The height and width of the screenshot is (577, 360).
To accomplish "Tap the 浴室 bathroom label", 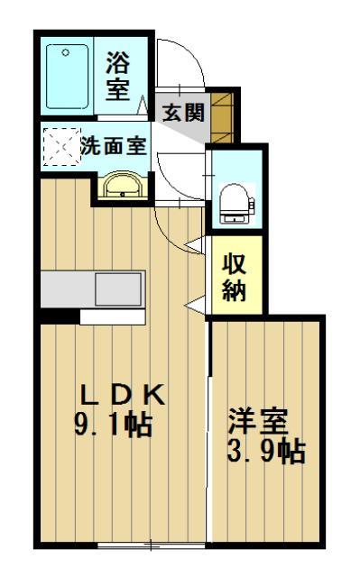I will coord(118,77).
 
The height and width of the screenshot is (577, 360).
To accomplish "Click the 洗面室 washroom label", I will coord(113,145).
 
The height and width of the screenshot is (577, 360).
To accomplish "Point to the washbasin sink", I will coord(119,186).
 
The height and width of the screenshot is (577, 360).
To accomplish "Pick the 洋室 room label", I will coord(257,421).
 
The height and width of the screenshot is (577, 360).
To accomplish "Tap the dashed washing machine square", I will coord(60,146).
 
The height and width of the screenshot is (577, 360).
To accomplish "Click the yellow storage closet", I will coord(235,275).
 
